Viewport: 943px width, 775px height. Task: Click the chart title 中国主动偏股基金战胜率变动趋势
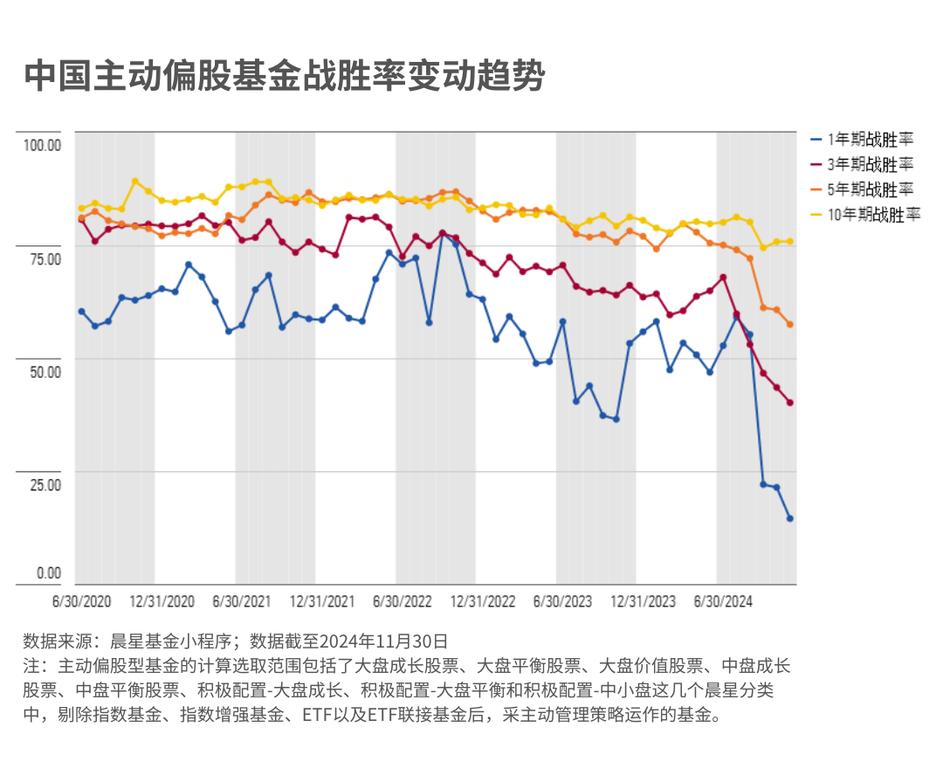285,77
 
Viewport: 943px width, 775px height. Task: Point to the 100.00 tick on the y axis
42,145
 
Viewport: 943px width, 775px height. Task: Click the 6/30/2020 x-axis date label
82,601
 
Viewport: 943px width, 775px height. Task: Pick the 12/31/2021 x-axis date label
322,601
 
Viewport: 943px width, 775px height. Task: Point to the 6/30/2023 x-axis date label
563,601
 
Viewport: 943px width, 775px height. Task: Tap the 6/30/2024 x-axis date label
723,601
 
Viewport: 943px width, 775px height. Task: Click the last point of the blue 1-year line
789,518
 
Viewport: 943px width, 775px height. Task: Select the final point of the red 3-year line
789,402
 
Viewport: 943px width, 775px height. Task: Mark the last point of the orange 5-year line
789,325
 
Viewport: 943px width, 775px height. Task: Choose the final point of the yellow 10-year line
789,241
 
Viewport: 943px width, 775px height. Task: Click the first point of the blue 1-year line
81,312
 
